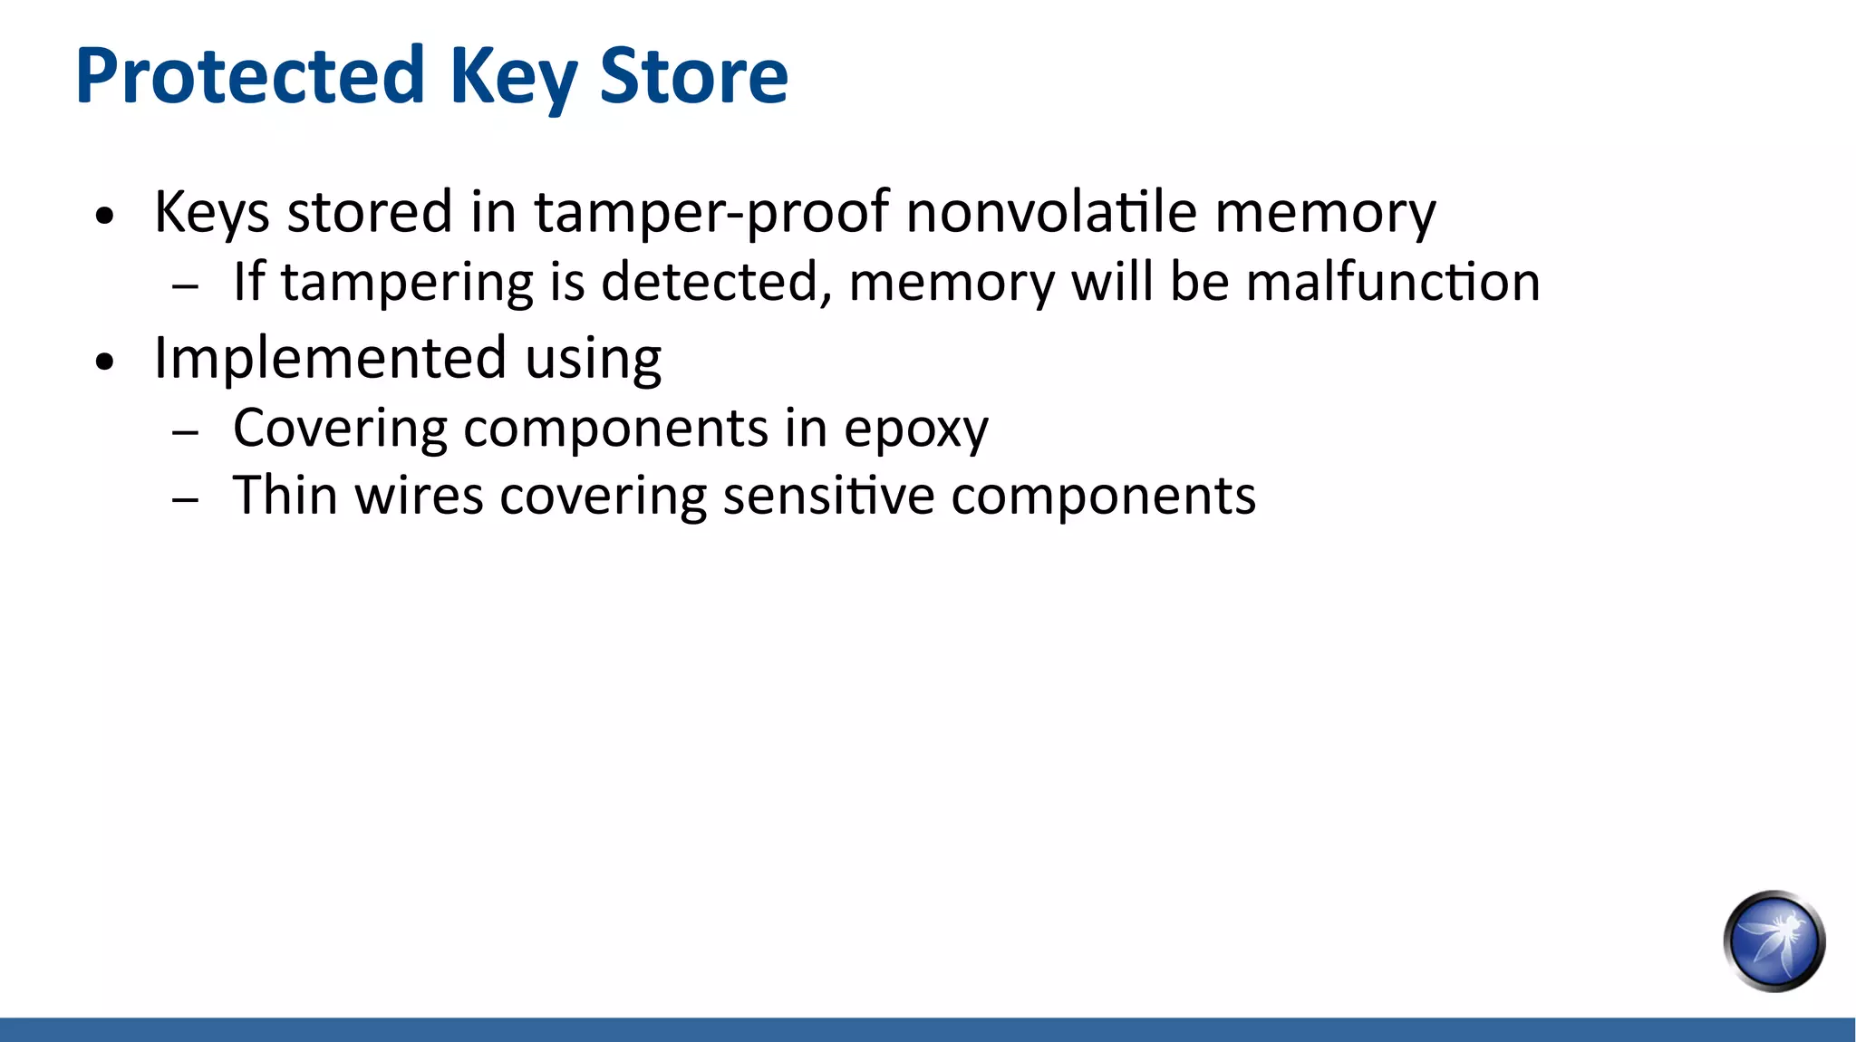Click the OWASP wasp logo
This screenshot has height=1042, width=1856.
[x=1774, y=941]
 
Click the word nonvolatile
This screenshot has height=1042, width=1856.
[x=1050, y=212]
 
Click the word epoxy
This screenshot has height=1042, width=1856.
[x=915, y=429]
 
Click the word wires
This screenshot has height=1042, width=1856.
[x=419, y=496]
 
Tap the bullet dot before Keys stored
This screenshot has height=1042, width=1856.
[x=106, y=217]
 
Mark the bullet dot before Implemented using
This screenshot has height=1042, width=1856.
[x=106, y=362]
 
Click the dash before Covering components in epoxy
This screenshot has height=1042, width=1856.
[x=185, y=432]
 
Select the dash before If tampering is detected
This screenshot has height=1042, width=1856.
[x=185, y=286]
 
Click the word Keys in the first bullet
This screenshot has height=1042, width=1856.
[x=211, y=214]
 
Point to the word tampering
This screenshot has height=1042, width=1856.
[x=407, y=284]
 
